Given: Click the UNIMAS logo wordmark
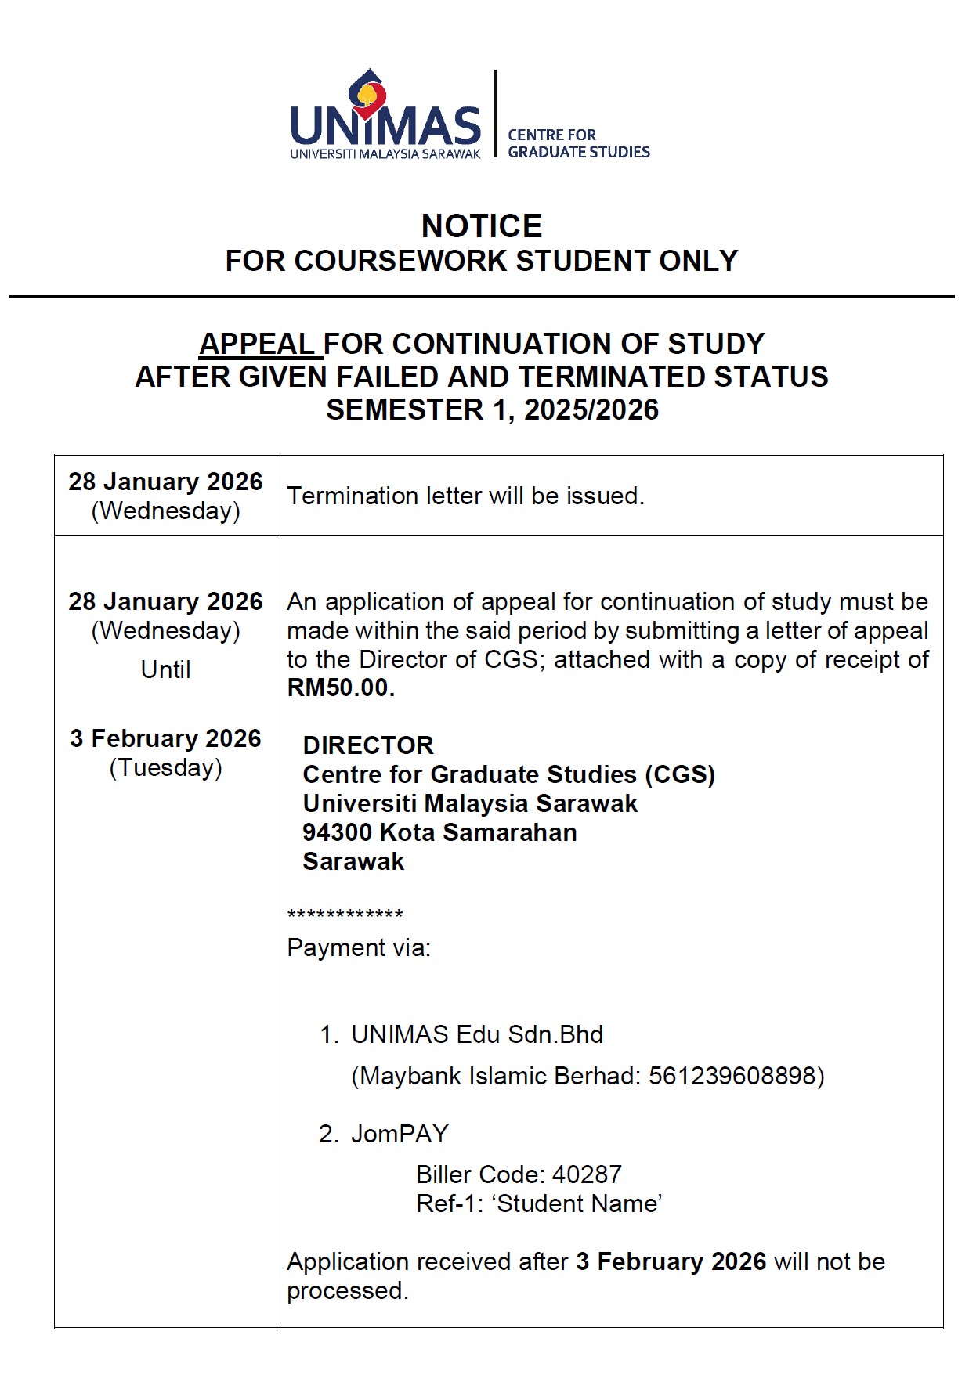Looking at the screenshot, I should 385,125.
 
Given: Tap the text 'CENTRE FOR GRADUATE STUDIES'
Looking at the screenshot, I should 578,143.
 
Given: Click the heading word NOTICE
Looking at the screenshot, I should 482,226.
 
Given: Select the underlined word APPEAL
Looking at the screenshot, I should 258,344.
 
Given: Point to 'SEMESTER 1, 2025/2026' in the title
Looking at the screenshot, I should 492,409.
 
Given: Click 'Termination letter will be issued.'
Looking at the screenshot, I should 465,496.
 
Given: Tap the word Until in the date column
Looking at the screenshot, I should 165,669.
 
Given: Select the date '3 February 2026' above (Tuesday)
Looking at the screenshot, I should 165,738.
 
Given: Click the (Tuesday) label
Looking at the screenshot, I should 165,767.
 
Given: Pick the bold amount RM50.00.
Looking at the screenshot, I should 340,687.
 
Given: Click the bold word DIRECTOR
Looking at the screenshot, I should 368,745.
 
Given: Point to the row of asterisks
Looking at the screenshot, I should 345,915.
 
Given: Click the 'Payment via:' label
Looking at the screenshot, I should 359,947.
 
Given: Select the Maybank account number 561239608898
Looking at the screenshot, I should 732,1076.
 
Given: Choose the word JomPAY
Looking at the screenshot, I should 400,1134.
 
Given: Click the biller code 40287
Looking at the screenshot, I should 587,1174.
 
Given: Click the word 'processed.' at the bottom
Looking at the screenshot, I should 347,1290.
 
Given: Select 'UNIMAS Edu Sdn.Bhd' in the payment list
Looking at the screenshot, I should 477,1034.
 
